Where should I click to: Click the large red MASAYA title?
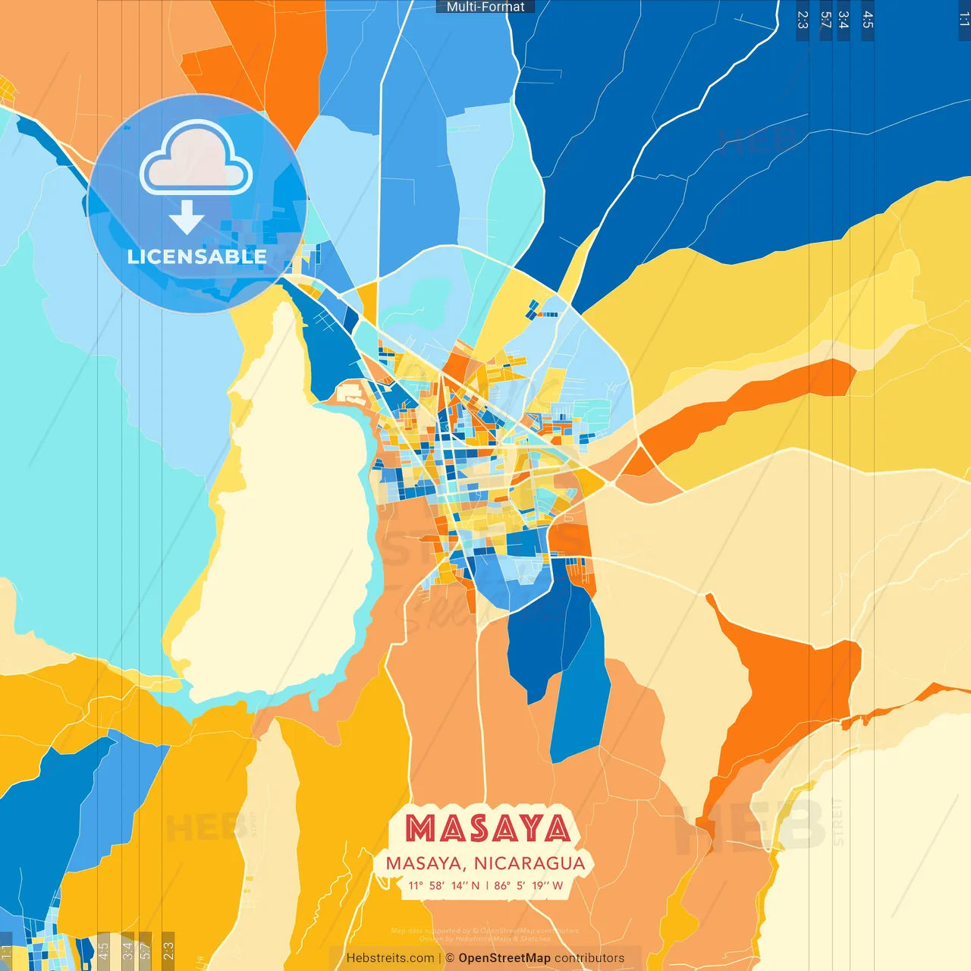coord(487,828)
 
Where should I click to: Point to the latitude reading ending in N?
coord(444,885)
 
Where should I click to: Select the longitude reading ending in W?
coord(529,885)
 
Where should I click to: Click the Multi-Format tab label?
coord(485,7)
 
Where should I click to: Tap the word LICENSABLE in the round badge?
coord(197,256)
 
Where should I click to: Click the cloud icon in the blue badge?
coord(196,161)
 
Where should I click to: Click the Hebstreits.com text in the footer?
coord(390,958)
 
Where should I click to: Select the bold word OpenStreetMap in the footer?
coord(504,958)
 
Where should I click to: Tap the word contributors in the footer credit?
coord(589,958)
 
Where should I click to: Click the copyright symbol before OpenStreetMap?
coord(450,958)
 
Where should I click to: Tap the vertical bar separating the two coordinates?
coord(487,885)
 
